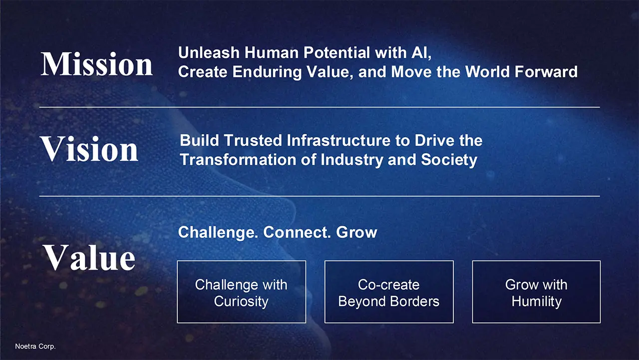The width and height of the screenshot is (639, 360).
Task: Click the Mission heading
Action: (x=97, y=64)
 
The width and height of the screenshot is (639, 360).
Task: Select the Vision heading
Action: (x=89, y=149)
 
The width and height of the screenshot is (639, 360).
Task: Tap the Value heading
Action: (x=89, y=257)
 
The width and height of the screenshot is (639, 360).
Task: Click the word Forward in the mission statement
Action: (x=546, y=71)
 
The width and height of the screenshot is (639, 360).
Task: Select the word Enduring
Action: (x=267, y=72)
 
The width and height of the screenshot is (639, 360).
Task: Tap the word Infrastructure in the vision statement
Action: (x=338, y=140)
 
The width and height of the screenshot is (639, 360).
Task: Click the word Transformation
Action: (x=238, y=159)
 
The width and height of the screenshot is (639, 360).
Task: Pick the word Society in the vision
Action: (x=449, y=160)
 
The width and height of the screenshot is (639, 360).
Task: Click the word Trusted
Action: (x=253, y=140)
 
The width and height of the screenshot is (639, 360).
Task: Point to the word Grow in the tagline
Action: (x=356, y=232)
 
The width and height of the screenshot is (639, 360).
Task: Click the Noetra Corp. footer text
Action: (x=35, y=347)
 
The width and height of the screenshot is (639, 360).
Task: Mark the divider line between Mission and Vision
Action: (x=319, y=107)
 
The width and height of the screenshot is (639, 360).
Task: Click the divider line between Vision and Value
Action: (x=319, y=196)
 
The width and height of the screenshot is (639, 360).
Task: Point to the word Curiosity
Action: (x=241, y=302)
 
